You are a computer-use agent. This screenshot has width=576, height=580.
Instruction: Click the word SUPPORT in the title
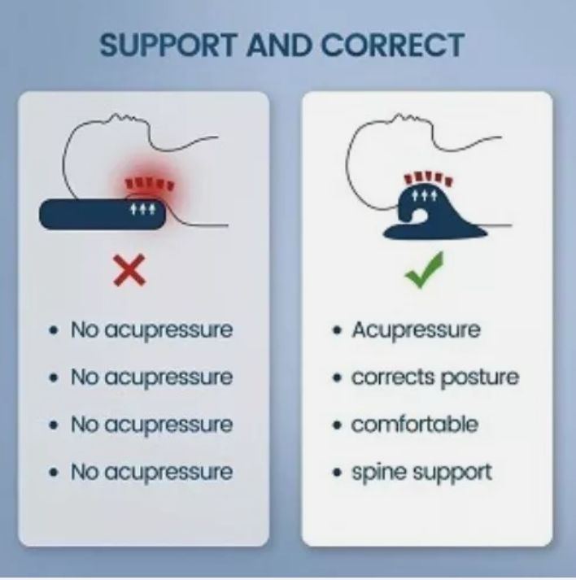click(x=168, y=45)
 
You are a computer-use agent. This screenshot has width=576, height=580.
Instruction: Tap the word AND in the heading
click(x=279, y=45)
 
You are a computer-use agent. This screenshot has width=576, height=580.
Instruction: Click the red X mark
click(x=129, y=270)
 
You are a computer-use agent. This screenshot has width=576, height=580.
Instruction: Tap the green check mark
click(x=424, y=270)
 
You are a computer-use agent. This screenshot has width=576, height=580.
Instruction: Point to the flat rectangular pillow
click(x=103, y=214)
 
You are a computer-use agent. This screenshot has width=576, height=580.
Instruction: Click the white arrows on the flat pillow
click(x=142, y=210)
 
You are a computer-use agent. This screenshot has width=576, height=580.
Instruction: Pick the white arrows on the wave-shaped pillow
click(x=425, y=196)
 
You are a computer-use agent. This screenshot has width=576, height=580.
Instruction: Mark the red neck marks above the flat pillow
click(x=150, y=183)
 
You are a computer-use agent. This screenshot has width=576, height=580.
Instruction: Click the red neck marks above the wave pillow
click(x=428, y=178)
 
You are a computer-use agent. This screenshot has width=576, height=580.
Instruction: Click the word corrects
click(x=393, y=377)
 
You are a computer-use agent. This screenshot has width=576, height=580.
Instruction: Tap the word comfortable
click(x=415, y=424)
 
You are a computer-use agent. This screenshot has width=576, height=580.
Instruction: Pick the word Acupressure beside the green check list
click(x=417, y=330)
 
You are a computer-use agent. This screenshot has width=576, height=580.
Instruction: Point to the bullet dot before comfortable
click(x=337, y=425)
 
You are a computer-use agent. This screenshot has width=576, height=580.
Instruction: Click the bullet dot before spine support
click(x=337, y=473)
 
